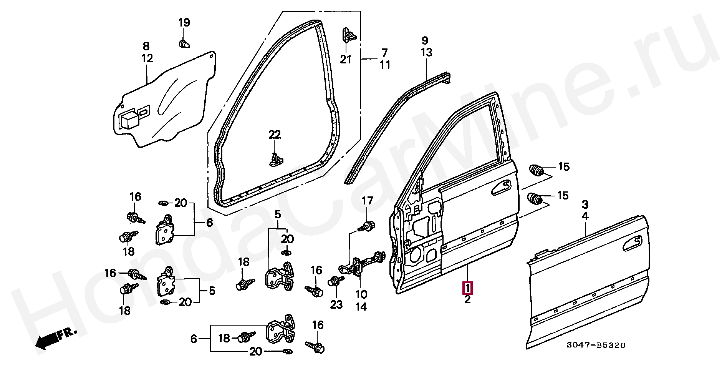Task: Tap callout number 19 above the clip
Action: (184, 23)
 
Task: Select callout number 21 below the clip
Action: (346, 60)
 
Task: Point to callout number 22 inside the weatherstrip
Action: (275, 135)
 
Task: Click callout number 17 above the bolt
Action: (368, 201)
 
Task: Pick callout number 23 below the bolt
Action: (336, 305)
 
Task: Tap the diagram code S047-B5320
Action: (596, 346)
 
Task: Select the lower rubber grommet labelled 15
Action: (535, 198)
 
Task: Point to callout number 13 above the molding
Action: (426, 52)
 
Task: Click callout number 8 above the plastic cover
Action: (146, 47)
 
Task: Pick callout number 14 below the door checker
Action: (361, 306)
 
